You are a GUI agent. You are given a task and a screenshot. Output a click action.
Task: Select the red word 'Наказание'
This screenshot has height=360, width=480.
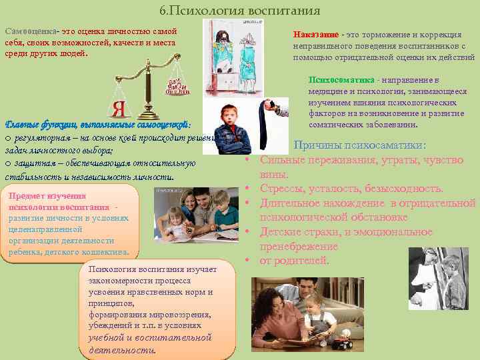coord(316,35)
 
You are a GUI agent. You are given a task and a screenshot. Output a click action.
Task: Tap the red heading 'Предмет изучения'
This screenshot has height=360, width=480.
coord(47,196)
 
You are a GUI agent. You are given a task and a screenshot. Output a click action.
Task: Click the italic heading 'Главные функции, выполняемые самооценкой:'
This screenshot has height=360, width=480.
coord(98,125)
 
